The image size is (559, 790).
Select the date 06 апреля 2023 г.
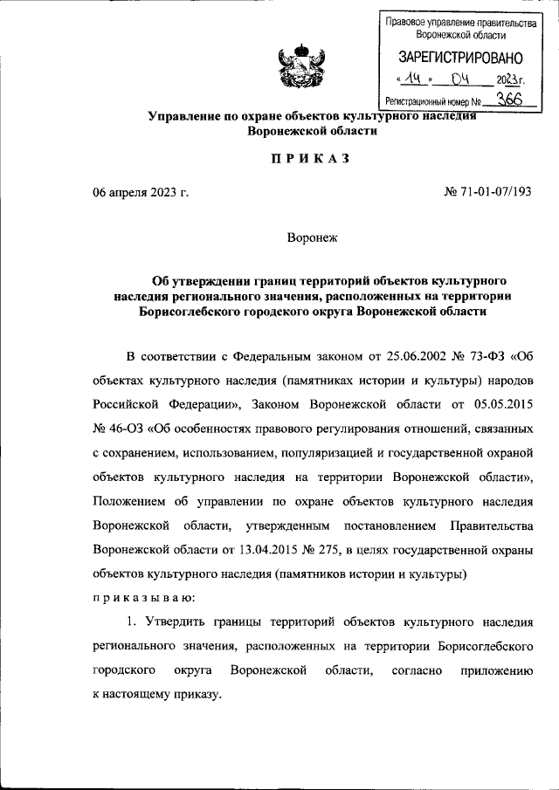pyautogui.click(x=141, y=191)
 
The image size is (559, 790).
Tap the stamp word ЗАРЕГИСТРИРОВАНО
pyautogui.click(x=460, y=58)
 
